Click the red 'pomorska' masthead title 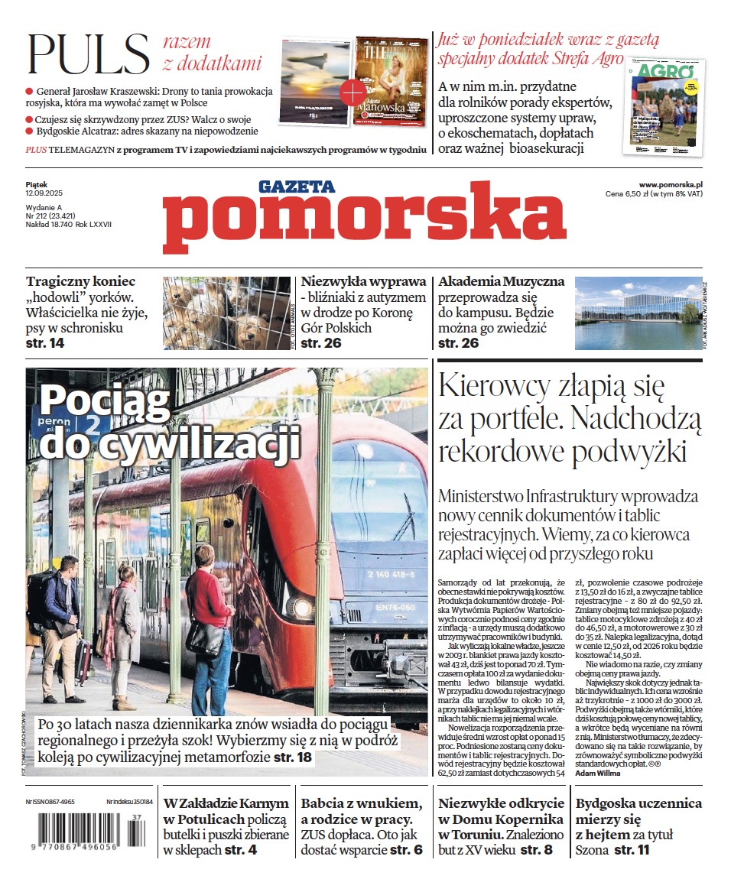point(364,222)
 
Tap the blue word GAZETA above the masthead point(297,186)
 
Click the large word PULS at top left point(89,54)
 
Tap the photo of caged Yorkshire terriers point(226,313)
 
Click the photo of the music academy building point(638,313)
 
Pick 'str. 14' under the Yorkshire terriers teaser point(45,344)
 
